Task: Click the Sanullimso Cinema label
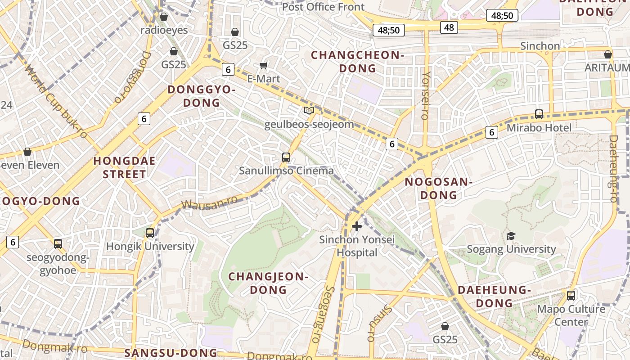tap(286, 171)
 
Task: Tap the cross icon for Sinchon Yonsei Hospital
tap(357, 226)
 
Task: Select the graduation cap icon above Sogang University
tap(511, 236)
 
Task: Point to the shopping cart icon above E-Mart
tap(264, 66)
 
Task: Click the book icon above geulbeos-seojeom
tap(309, 111)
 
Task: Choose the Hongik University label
tap(150, 246)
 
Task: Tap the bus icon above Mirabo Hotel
tap(539, 114)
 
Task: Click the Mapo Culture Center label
tap(571, 315)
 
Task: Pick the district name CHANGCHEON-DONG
tap(357, 62)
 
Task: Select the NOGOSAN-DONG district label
tap(438, 189)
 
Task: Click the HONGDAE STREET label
tap(125, 167)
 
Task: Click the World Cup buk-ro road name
tap(56, 102)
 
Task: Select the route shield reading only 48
tap(449, 27)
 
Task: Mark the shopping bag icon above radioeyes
tap(164, 17)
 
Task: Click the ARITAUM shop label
tap(607, 67)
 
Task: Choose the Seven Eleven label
tap(29, 165)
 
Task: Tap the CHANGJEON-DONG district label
tap(268, 283)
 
